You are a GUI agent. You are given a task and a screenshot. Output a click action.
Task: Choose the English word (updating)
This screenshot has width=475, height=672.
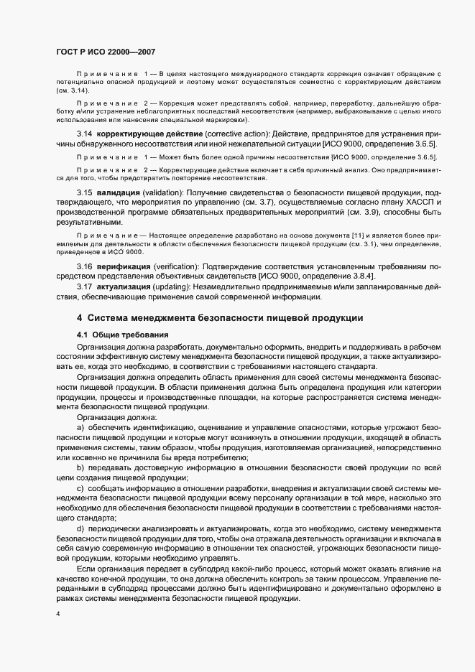click(178, 287)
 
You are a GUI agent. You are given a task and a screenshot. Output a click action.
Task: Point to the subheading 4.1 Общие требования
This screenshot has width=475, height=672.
click(122, 335)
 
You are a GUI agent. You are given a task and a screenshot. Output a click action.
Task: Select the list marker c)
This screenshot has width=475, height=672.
click(80, 488)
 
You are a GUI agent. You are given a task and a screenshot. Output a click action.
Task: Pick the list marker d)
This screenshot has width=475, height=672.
click(80, 528)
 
